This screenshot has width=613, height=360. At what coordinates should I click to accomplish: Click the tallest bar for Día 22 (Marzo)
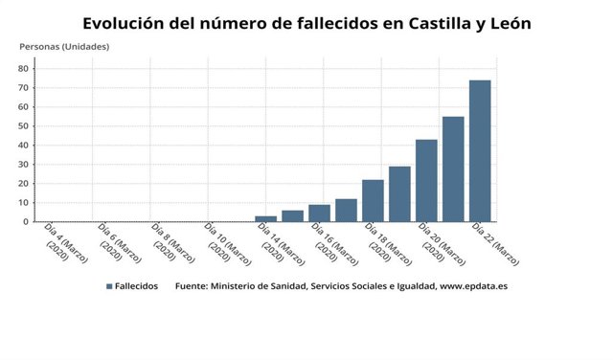(480, 150)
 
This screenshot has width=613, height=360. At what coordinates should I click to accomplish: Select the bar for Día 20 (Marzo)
(426, 180)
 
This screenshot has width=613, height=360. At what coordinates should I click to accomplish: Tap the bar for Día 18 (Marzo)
(373, 200)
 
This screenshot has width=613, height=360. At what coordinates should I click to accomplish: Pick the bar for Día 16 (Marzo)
(319, 213)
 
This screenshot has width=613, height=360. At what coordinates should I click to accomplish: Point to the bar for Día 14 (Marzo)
(265, 218)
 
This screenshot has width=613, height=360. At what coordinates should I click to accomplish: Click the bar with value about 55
(453, 169)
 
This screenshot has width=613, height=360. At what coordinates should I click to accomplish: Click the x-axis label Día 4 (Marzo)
(61, 243)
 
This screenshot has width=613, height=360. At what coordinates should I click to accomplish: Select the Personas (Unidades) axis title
(64, 46)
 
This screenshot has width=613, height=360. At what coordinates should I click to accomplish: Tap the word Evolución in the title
(124, 23)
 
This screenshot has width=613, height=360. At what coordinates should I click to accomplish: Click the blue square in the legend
(110, 286)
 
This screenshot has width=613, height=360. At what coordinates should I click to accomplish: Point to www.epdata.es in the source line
(472, 286)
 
